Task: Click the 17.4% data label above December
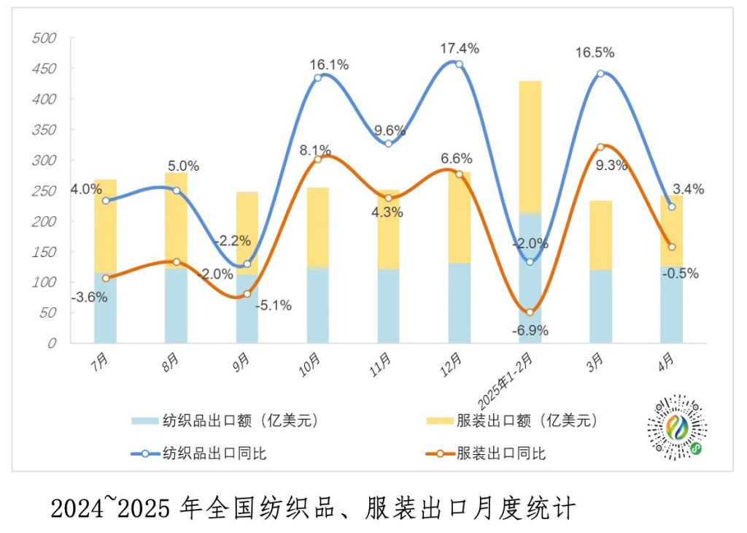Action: pyautogui.click(x=460, y=49)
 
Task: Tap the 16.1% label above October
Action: pyautogui.click(x=329, y=65)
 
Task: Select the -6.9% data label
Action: pyautogui.click(x=529, y=330)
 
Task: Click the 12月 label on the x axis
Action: pyautogui.click(x=452, y=361)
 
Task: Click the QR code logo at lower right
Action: pyautogui.click(x=677, y=429)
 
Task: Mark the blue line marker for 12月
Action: pyautogui.click(x=459, y=64)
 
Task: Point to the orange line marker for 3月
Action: pyautogui.click(x=600, y=147)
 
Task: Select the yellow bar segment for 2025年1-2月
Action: pyautogui.click(x=530, y=146)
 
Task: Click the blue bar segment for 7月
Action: pyautogui.click(x=106, y=307)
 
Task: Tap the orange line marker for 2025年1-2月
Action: pyautogui.click(x=530, y=312)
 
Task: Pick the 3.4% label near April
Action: pyautogui.click(x=689, y=190)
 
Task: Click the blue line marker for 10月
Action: pyautogui.click(x=317, y=77)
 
